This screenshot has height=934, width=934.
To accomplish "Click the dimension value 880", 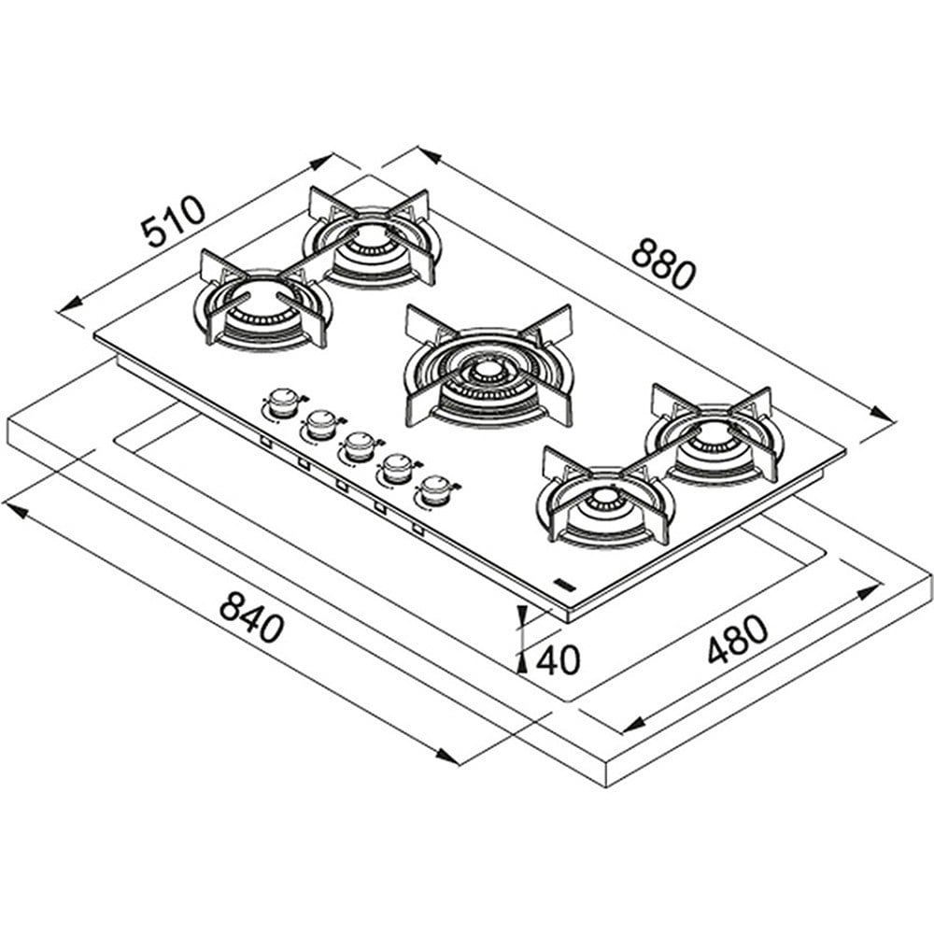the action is tap(663, 263).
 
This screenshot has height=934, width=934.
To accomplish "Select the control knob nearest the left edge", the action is tap(282, 403).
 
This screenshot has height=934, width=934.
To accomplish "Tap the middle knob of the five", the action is tap(359, 446).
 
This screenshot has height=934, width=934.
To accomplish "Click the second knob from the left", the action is tap(320, 425).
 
